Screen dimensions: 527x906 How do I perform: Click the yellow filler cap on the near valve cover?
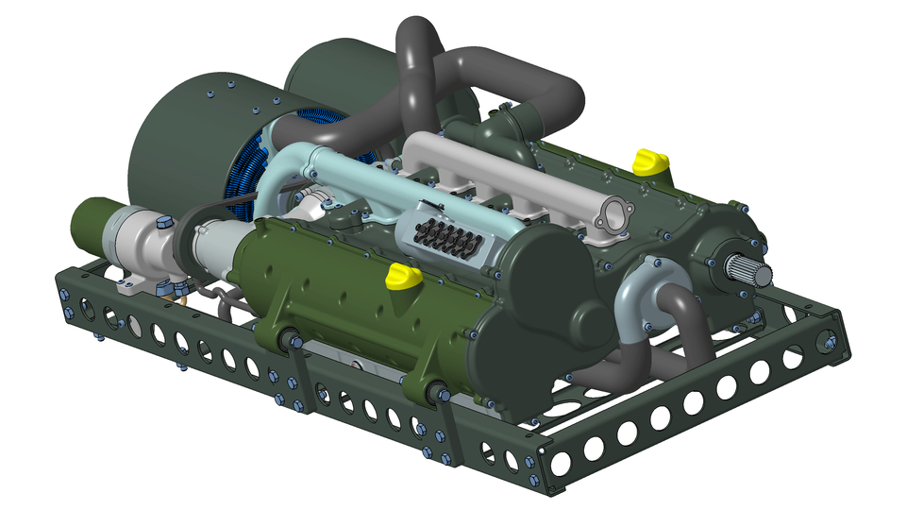click(x=404, y=276)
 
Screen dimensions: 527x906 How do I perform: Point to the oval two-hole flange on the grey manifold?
click(x=614, y=214)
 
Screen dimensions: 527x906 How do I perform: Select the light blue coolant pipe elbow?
click(x=283, y=170)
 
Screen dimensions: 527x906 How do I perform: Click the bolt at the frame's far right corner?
click(x=830, y=345)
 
